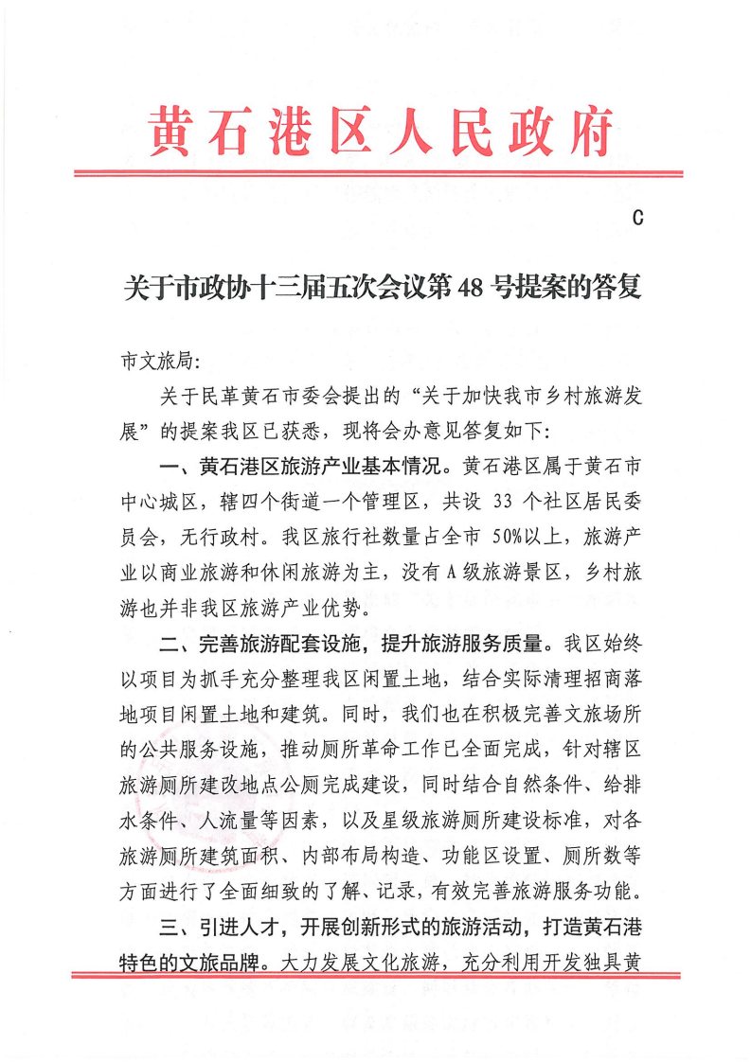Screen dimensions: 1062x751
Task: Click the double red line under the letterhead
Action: [379, 174]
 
